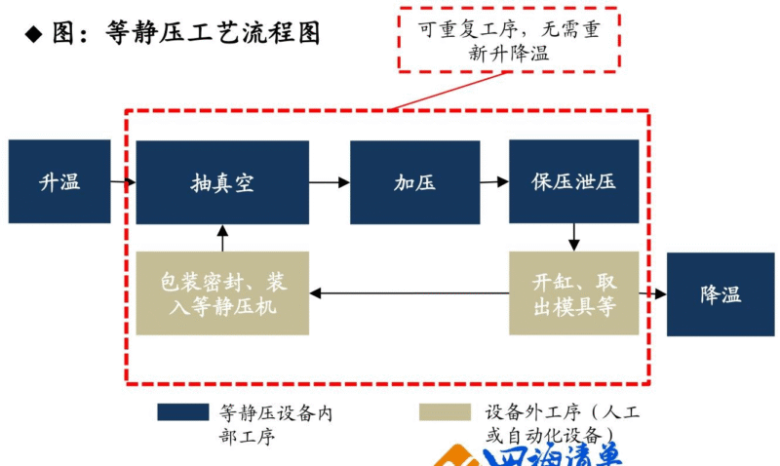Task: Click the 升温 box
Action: click(x=59, y=182)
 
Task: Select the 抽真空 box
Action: click(x=222, y=182)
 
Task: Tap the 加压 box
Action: click(x=414, y=182)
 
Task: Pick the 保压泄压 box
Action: click(x=573, y=182)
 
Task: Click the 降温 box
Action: click(x=721, y=294)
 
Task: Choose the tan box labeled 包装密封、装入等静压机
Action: click(x=222, y=293)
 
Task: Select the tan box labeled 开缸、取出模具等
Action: click(x=573, y=293)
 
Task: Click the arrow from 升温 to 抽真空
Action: click(x=123, y=182)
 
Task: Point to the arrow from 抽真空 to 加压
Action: click(x=330, y=182)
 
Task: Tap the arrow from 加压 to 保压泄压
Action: click(x=494, y=182)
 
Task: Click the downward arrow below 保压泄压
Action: click(x=573, y=237)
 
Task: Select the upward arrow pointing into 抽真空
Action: click(x=222, y=238)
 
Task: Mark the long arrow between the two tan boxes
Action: click(x=409, y=293)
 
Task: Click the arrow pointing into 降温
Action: click(x=652, y=293)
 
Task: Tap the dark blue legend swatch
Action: click(x=182, y=412)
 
